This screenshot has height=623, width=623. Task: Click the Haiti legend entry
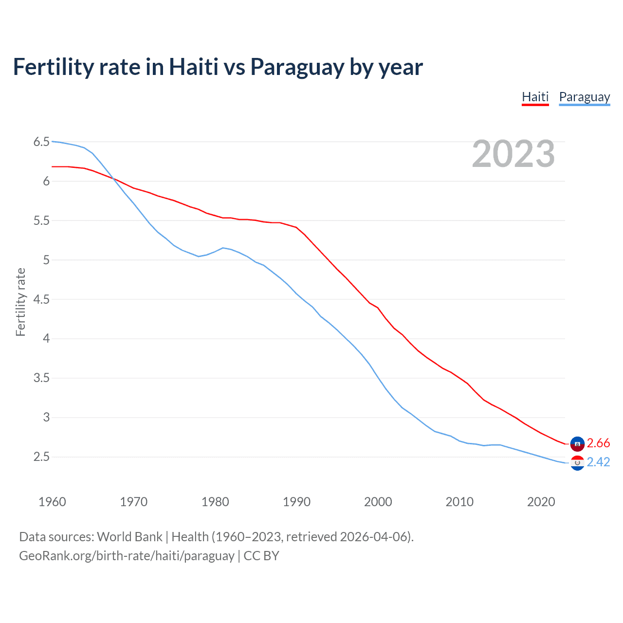pos(535,97)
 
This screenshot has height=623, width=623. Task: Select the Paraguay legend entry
pos(584,97)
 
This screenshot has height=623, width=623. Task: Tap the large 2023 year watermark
pos(513,154)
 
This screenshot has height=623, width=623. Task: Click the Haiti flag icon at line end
pos(577,443)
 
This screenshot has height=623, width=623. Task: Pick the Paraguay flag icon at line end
pos(577,463)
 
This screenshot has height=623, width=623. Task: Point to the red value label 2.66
pos(598,443)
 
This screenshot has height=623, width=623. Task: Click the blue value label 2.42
pos(598,462)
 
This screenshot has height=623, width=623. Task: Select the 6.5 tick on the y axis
pos(41,142)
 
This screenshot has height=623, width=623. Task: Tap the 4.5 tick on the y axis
pos(41,299)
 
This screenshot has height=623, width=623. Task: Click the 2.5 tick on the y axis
pos(41,457)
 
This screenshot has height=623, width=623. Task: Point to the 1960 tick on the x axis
pos(52,502)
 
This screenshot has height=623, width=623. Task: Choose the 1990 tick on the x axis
pos(296,502)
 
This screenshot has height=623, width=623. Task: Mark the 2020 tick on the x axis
pos(541,502)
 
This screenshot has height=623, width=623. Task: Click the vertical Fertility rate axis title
pos(20,302)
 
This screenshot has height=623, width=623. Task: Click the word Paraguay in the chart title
pos(297,67)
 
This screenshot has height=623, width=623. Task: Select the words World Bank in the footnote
pos(129,537)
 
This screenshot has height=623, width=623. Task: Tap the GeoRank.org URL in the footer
pos(127,556)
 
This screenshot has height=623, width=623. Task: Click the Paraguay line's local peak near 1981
pos(223,248)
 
